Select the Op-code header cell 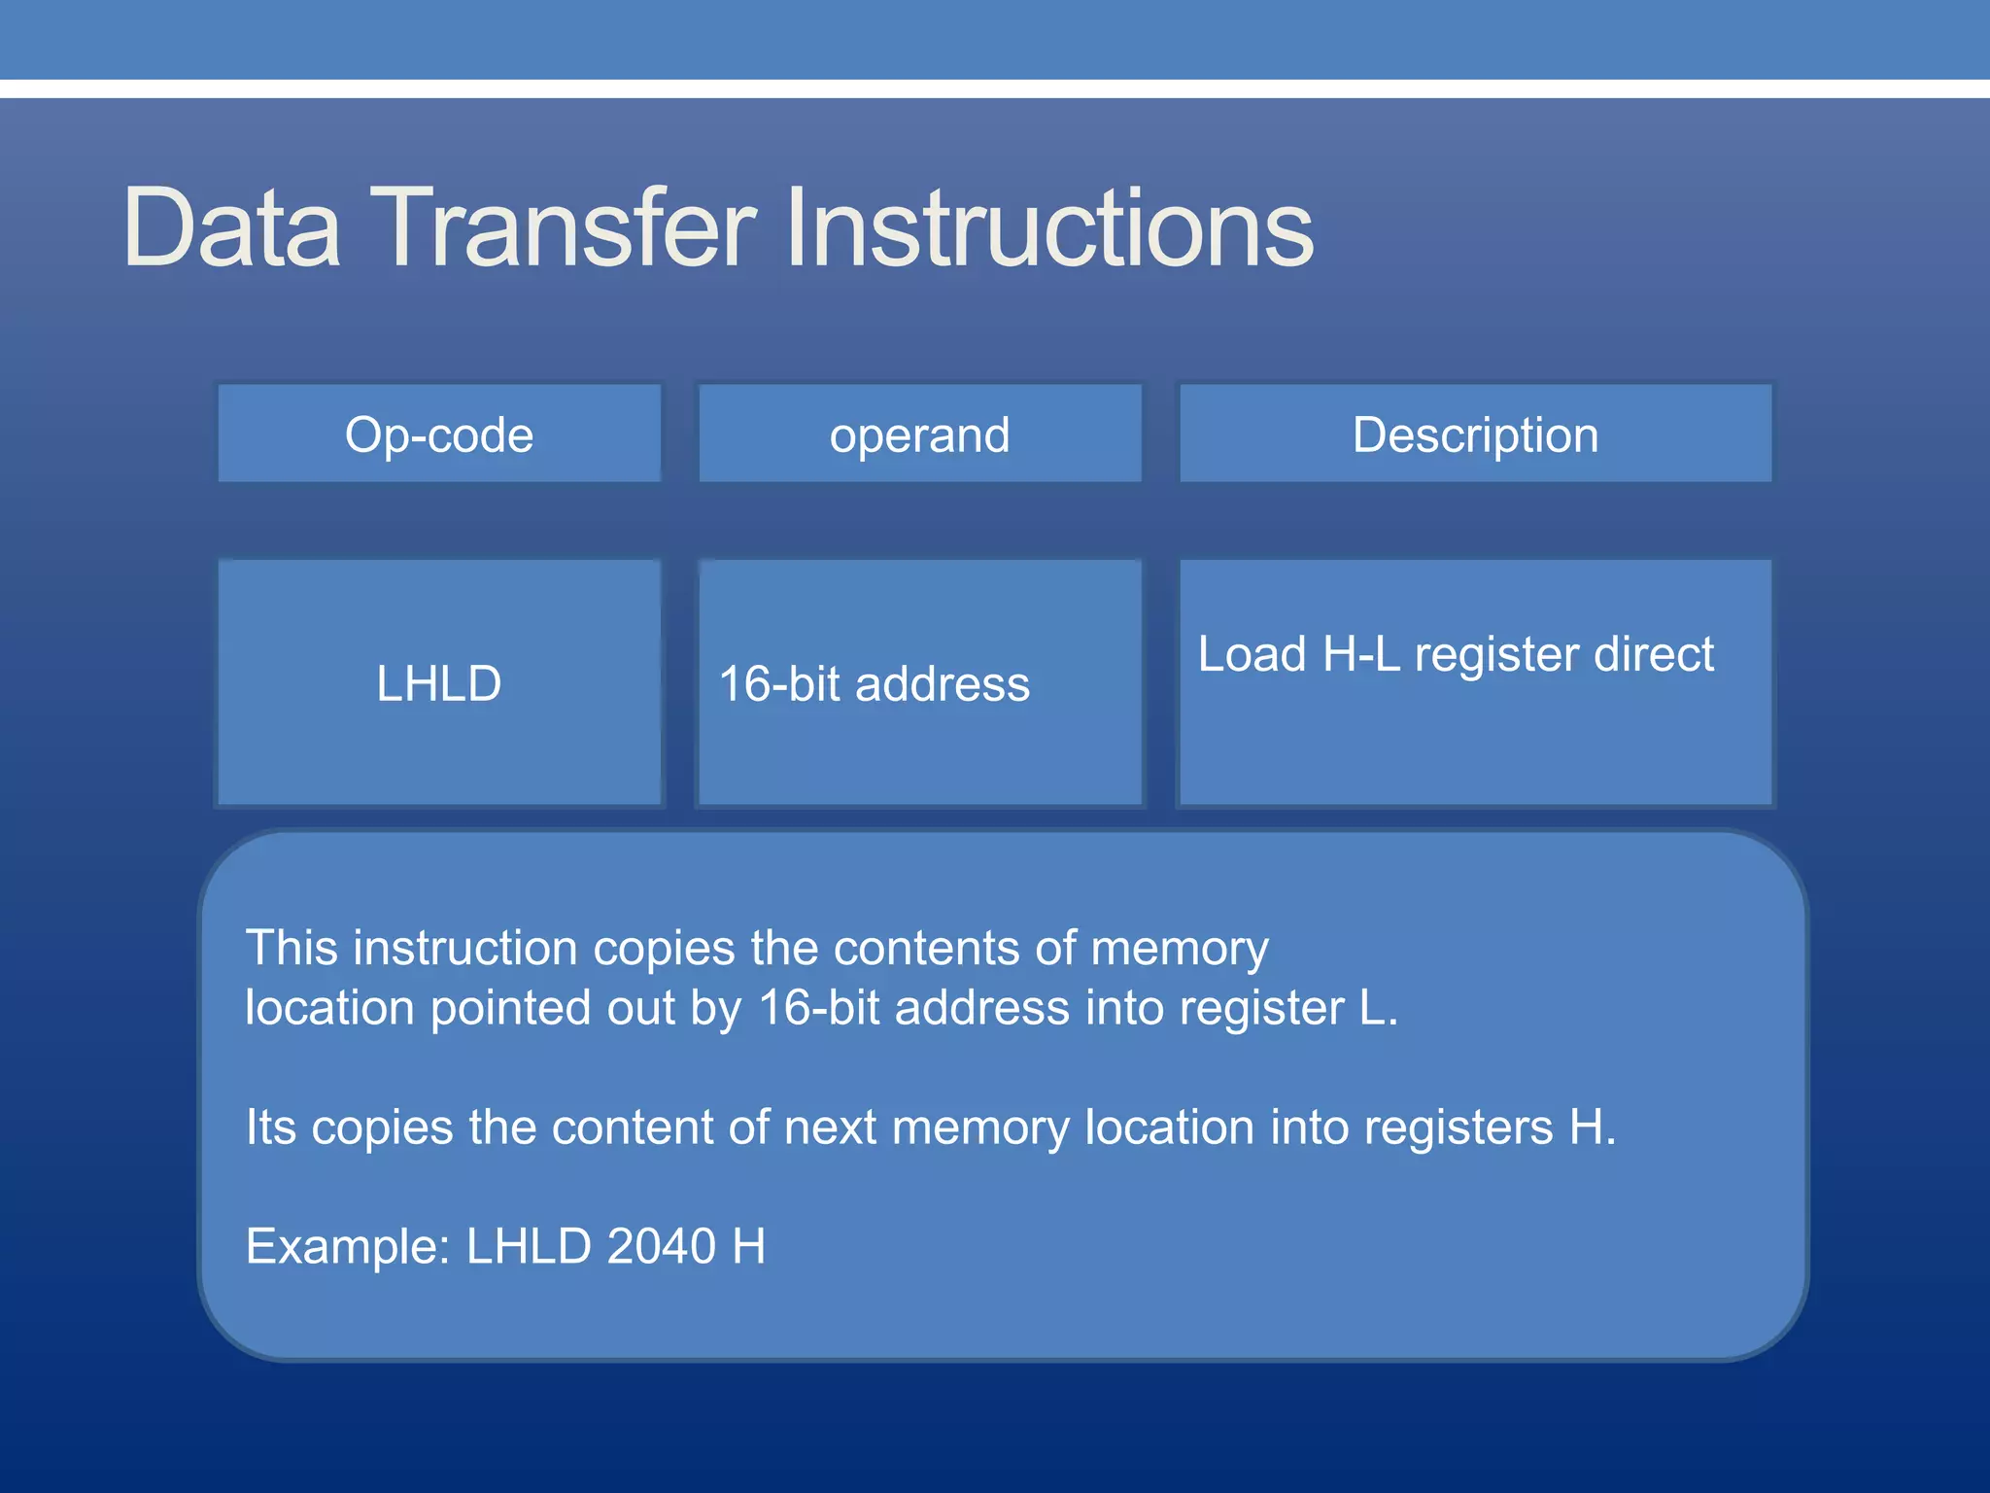click(x=439, y=434)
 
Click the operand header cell click(x=919, y=434)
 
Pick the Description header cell click(x=1475, y=434)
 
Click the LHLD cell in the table click(x=439, y=683)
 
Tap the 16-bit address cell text click(x=874, y=683)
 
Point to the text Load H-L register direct click(x=1456, y=654)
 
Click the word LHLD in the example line click(x=529, y=1246)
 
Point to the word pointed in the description click(x=511, y=1009)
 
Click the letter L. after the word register click(x=1378, y=1008)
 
